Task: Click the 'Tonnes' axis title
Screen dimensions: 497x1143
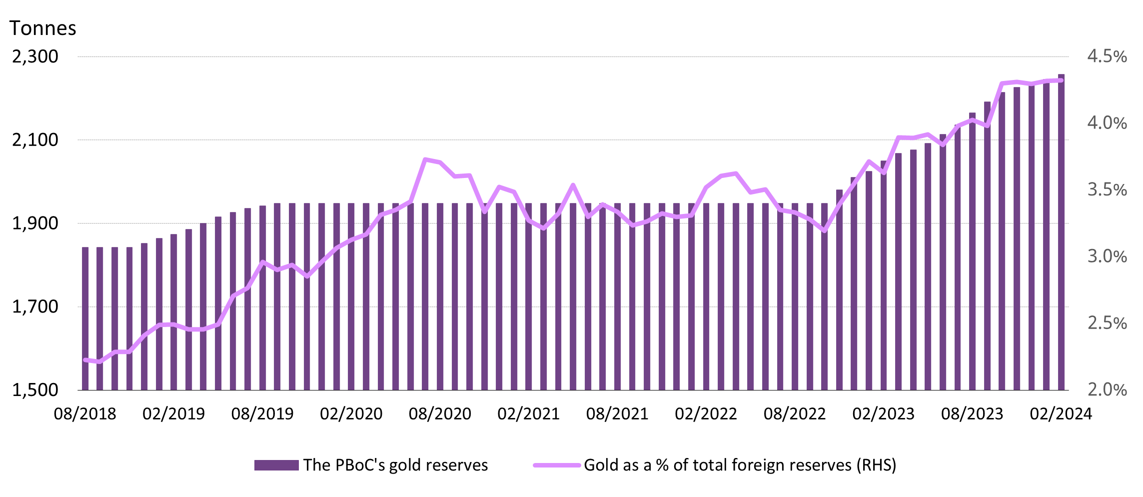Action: [43, 28]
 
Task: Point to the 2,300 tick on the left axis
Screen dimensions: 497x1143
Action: [35, 56]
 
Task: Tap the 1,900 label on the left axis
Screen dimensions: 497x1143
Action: [35, 223]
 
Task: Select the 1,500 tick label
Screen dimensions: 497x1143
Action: [35, 390]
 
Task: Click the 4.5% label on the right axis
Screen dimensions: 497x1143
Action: [1107, 56]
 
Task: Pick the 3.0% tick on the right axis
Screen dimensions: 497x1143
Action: [1107, 256]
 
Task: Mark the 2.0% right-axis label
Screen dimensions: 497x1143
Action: [1107, 390]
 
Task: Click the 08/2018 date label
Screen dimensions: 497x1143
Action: [85, 414]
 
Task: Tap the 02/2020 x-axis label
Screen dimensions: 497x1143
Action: [351, 414]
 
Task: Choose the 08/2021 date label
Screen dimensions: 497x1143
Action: [617, 414]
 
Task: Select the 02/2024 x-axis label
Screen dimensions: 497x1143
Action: [1061, 414]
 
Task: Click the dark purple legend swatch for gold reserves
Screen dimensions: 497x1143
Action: [276, 465]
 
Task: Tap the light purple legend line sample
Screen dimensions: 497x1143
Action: [556, 465]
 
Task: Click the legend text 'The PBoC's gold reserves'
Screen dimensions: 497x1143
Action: [395, 465]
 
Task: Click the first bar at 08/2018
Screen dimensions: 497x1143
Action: [85, 320]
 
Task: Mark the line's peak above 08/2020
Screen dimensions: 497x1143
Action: [425, 159]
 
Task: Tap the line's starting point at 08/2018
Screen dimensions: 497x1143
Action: [85, 359]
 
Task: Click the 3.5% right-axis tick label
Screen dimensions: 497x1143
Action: [1107, 190]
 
